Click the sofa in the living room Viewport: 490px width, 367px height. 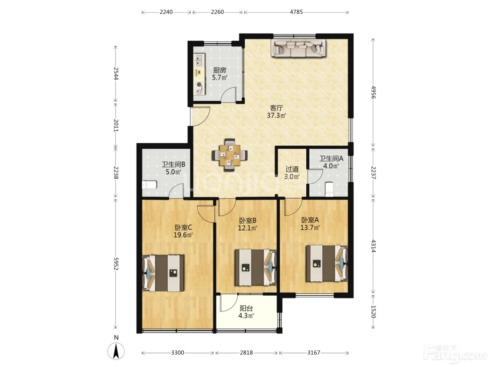[298, 48]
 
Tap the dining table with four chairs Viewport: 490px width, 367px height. [230, 155]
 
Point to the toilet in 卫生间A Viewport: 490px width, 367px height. [329, 189]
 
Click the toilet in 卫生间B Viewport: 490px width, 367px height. [149, 185]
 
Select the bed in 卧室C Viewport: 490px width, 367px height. [163, 273]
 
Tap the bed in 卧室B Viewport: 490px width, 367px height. [255, 268]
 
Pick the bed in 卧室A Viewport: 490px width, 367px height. [327, 264]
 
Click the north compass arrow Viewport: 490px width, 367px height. [116, 351]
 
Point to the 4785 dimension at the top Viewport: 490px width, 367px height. [296, 12]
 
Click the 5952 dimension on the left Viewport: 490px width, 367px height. [116, 264]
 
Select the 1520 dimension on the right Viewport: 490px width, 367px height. [373, 311]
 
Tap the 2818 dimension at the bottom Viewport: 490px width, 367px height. [246, 353]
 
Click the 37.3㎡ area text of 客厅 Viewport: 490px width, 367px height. [276, 115]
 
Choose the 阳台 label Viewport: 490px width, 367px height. [246, 308]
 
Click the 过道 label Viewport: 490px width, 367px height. [292, 170]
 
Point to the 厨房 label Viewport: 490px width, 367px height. [220, 70]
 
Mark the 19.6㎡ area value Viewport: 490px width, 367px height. [183, 235]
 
